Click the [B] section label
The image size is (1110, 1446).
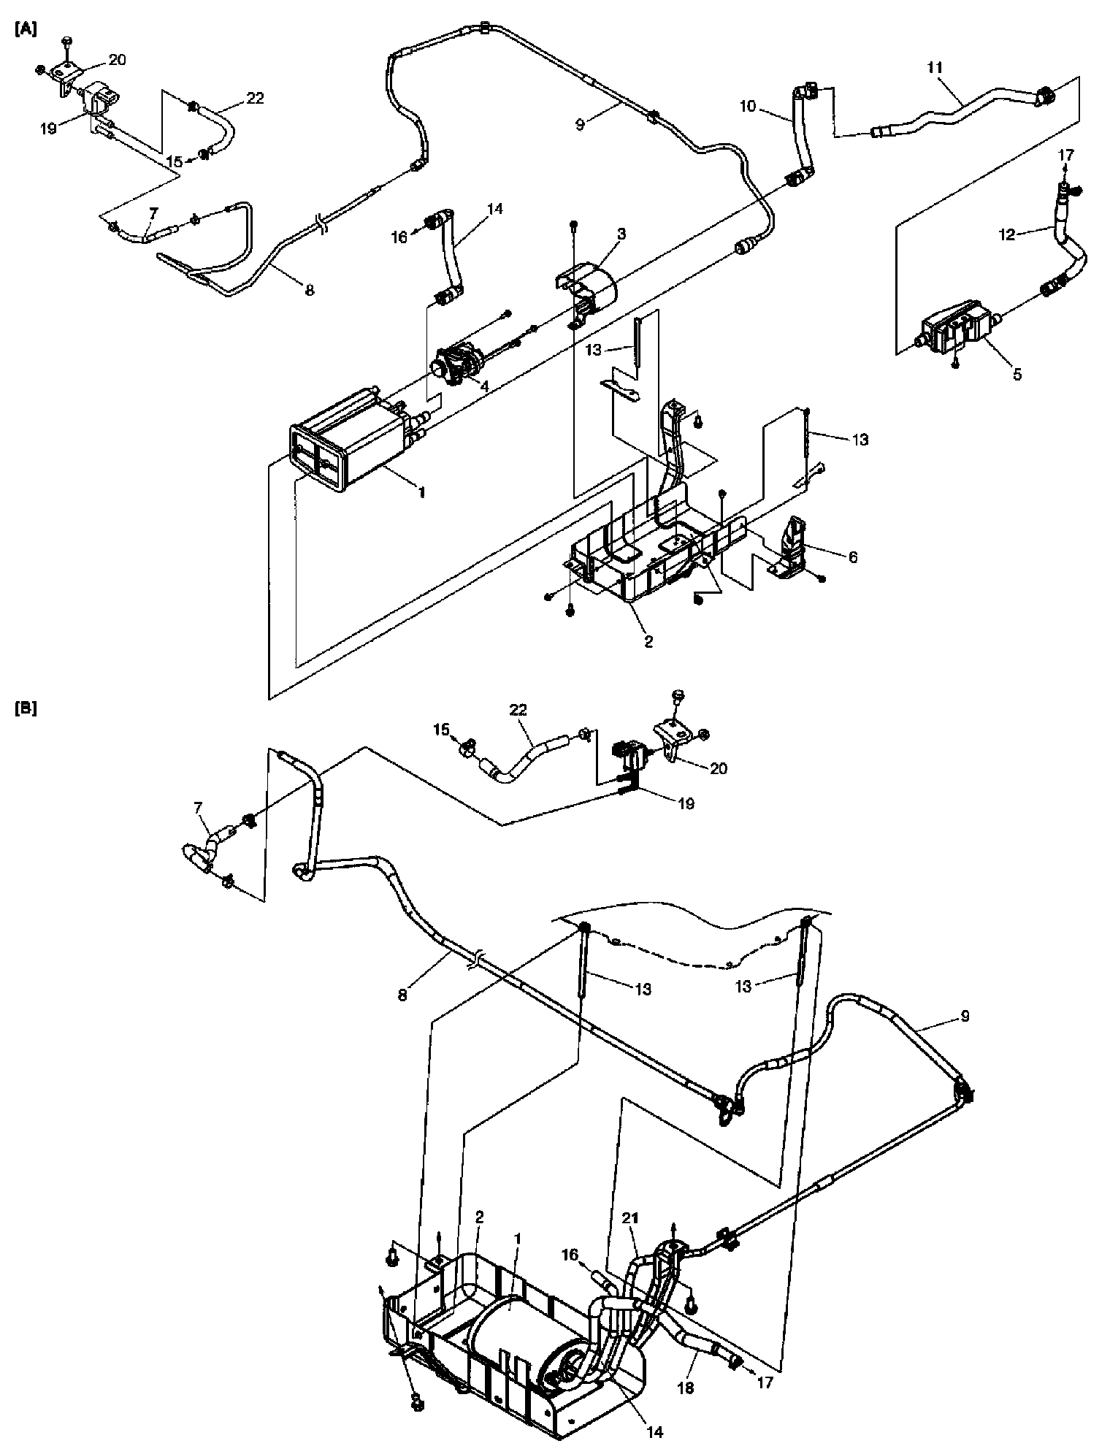coord(26,708)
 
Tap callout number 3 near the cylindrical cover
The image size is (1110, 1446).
coord(621,234)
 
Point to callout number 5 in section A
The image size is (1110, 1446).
coord(1017,375)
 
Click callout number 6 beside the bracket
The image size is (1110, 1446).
coord(852,557)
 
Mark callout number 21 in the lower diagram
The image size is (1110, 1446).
coord(630,1218)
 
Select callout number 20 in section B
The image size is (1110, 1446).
coord(719,768)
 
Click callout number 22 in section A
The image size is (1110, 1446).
coord(255,98)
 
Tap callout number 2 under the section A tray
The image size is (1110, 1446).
coord(648,642)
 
